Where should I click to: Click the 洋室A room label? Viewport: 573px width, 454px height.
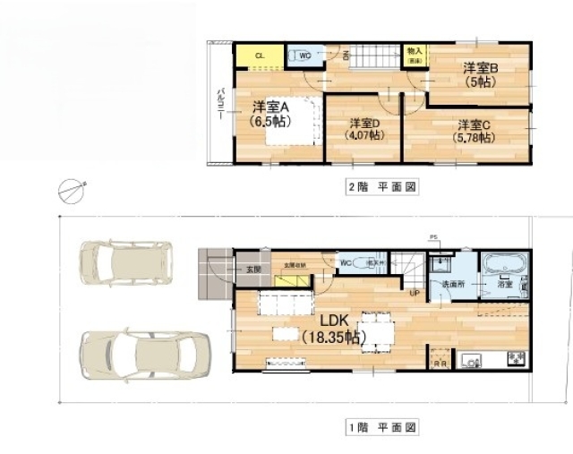pos(269,106)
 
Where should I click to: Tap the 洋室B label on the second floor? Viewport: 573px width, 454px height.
pos(481,67)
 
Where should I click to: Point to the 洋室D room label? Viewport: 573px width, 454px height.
pos(366,123)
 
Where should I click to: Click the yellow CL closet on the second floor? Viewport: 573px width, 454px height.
pos(261,56)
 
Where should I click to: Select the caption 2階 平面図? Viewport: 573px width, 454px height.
pos(381,188)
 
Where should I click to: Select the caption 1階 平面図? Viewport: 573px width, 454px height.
pos(381,429)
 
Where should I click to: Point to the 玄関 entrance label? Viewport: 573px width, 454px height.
pos(252,269)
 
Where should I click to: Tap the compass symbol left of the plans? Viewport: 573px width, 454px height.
pos(70,190)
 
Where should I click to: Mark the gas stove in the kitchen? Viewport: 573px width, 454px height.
pos(516,358)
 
